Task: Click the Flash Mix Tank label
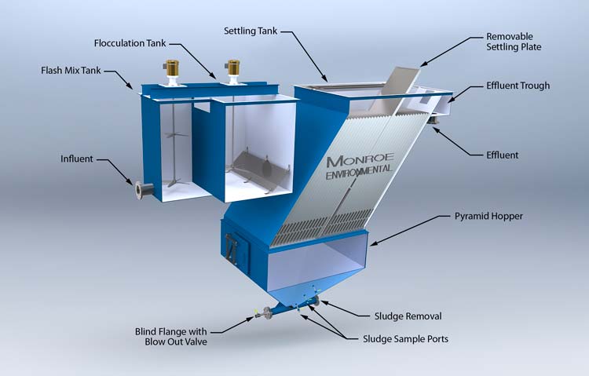71,70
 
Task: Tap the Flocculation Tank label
130,43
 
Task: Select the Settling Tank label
251,31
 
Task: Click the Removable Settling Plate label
514,42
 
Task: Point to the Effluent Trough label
518,86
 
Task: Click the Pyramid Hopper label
488,217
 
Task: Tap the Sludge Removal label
408,316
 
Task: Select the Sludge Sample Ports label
406,339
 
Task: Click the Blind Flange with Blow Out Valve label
171,337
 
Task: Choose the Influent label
77,159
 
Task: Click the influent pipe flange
139,191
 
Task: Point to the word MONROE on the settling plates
360,159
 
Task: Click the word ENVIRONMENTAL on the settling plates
359,173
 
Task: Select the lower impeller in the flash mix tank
173,181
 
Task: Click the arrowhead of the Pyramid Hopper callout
372,245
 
